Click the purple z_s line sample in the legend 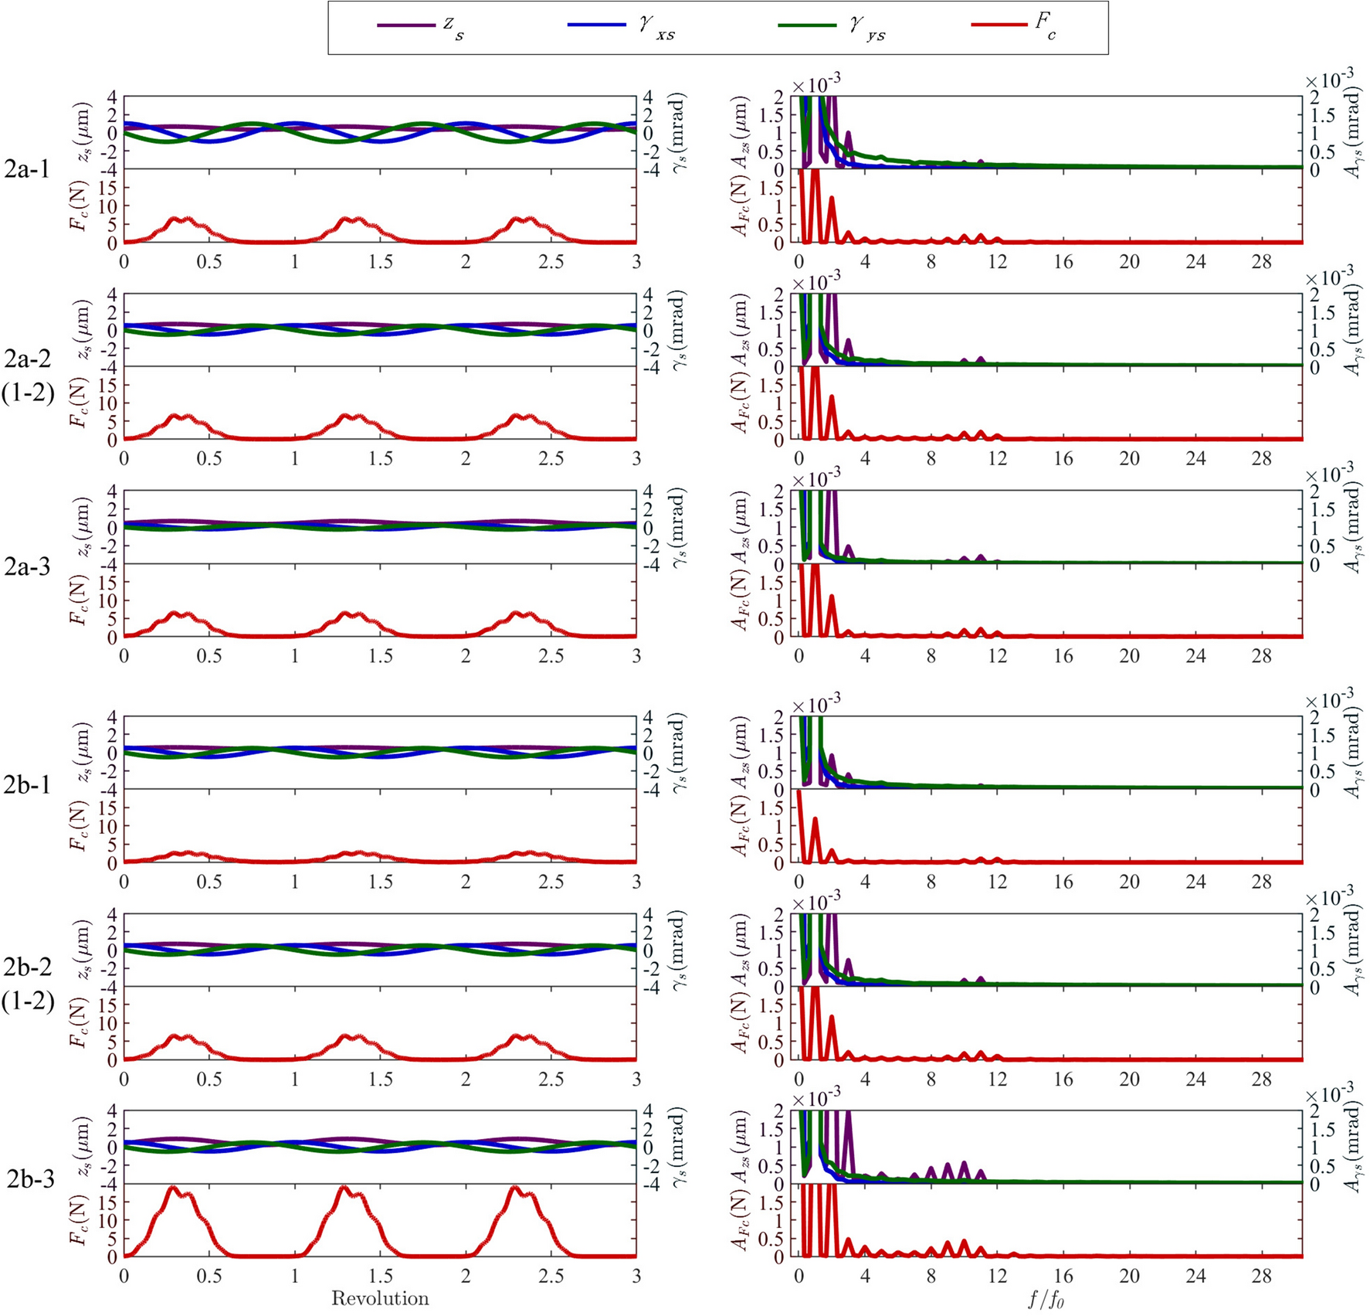pos(405,26)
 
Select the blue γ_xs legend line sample pos(596,26)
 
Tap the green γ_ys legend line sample pos(807,26)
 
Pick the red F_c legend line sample pos(999,26)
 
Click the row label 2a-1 pos(27,169)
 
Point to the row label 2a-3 pos(27,567)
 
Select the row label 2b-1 pos(27,785)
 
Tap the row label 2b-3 pos(30,1179)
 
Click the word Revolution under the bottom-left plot pos(380,1298)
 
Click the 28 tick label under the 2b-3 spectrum pos(1261,1276)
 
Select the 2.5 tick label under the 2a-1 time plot pos(551,262)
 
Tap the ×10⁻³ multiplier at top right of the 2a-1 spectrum pos(1328,80)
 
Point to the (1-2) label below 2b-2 pos(28,1001)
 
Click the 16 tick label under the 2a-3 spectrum pos(1063,656)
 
